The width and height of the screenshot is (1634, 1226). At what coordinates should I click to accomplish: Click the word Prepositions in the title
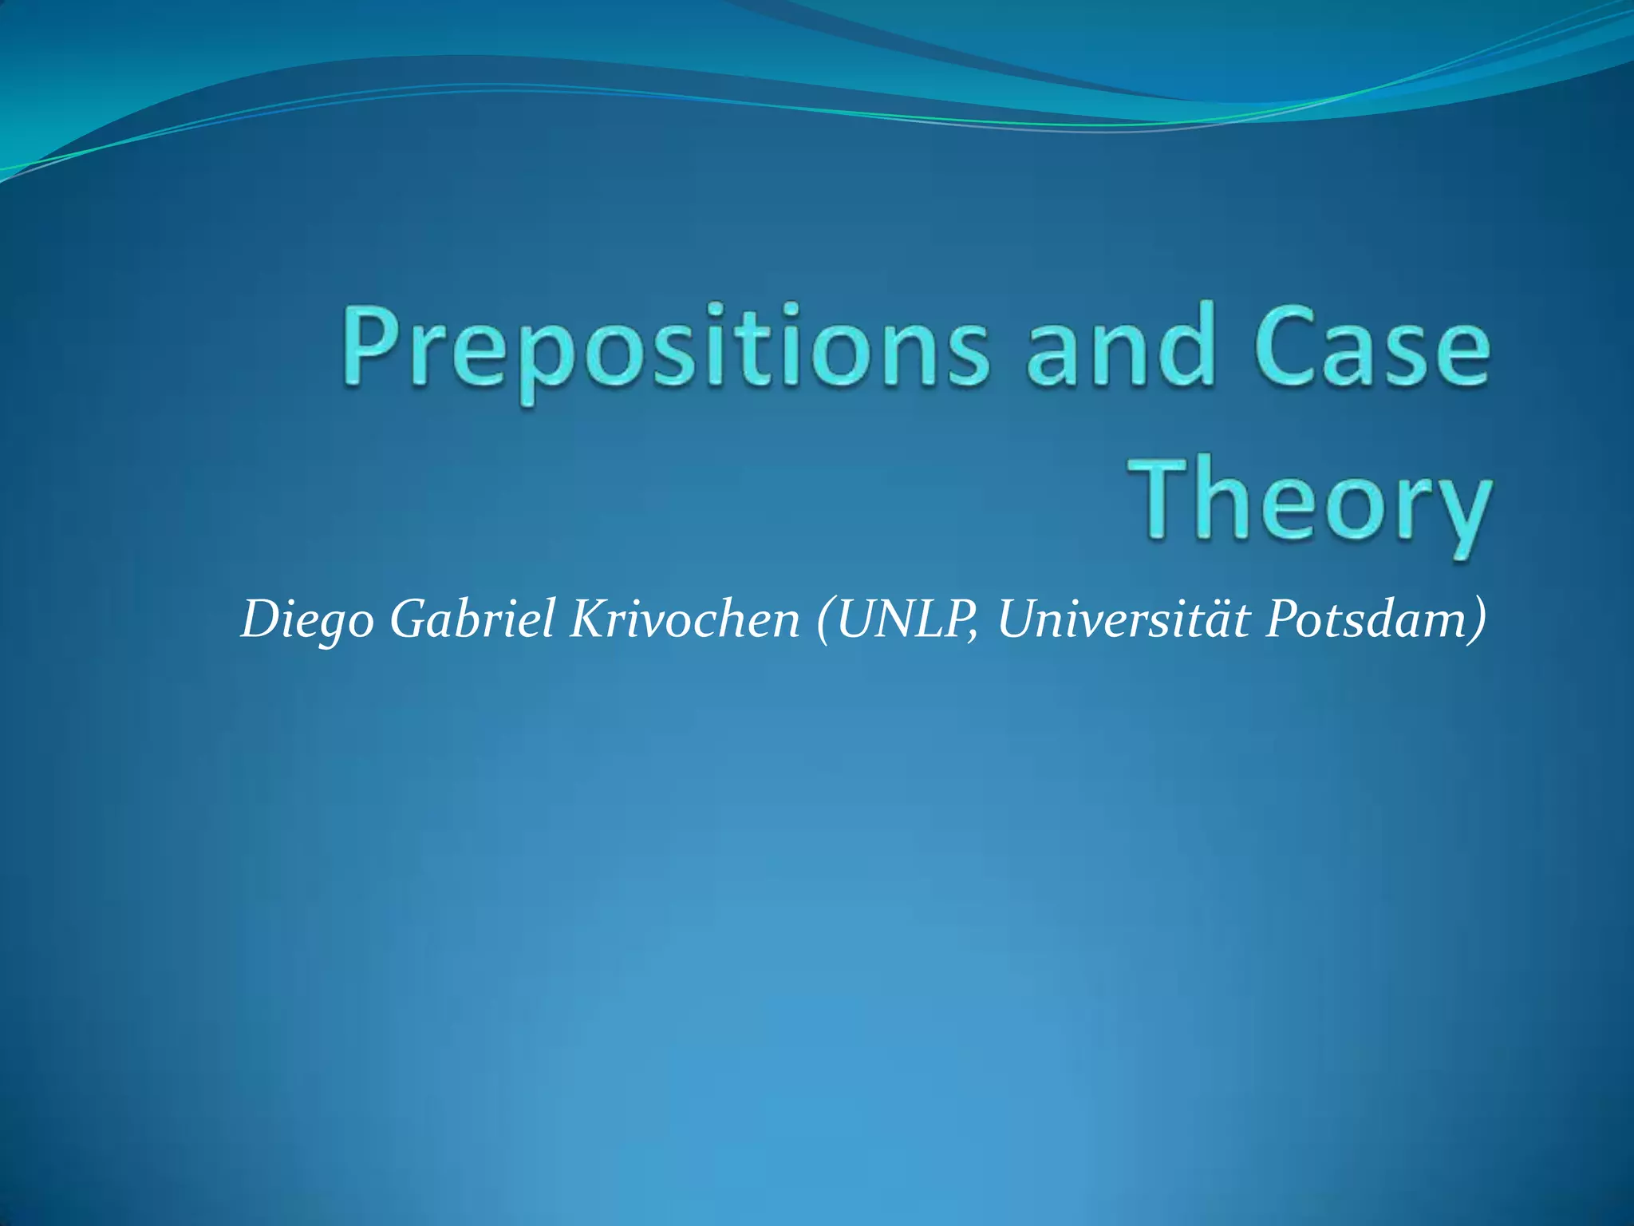pos(666,351)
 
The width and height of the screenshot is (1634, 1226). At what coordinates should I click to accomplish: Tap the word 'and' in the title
pos(1120,351)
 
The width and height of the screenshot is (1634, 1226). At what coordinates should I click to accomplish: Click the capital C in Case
pos(1285,348)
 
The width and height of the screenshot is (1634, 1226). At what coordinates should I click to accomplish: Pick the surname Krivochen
pos(685,619)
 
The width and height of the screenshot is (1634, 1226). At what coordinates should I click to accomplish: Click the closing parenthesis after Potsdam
pos(1478,621)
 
